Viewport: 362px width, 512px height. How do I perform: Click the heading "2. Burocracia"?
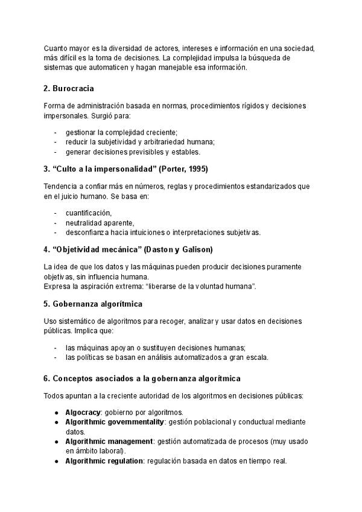[x=69, y=89]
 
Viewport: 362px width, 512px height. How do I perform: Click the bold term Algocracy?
[x=83, y=411]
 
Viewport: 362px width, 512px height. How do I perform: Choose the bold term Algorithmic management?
[x=109, y=441]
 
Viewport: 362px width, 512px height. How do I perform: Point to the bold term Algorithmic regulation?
[x=104, y=461]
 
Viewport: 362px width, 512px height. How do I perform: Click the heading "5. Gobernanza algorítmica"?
[x=93, y=303]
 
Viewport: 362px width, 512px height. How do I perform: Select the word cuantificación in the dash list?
[x=89, y=213]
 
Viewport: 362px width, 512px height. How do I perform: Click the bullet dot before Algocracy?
[x=56, y=412]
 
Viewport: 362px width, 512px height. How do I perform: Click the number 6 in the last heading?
[x=46, y=379]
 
